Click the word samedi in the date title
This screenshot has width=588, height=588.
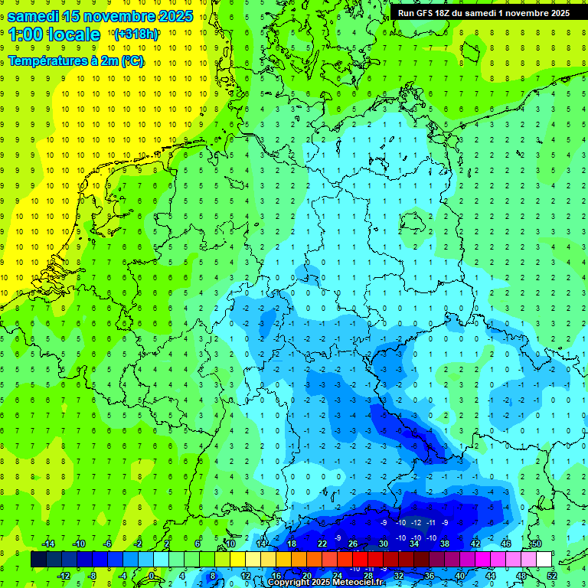tap(35, 15)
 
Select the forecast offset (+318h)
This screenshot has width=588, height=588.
tap(136, 34)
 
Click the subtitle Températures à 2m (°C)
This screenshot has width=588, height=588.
tap(75, 60)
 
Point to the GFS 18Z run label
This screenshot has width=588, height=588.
tap(483, 12)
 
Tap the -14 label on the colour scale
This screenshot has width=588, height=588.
tap(47, 544)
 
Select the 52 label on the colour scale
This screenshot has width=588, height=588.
tap(552, 576)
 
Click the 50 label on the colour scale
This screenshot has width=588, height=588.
tap(536, 544)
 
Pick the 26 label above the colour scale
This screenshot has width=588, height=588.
tap(353, 544)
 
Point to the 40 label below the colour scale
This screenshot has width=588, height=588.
tap(460, 576)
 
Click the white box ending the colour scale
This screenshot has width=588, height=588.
tap(544, 560)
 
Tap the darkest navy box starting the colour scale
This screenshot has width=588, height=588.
tap(39, 560)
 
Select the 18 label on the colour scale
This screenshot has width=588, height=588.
tap(292, 544)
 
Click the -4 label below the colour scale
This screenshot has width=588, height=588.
tap(123, 576)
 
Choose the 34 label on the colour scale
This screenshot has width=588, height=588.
tap(414, 544)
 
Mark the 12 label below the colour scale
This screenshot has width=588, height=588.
tap(246, 576)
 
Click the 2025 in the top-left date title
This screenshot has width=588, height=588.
tap(171, 15)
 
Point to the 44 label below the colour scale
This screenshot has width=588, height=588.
tap(491, 576)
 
